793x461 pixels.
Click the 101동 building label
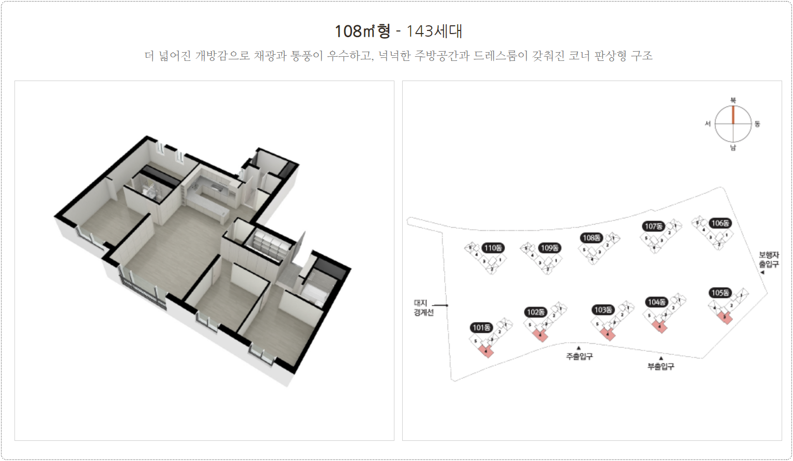click(482, 328)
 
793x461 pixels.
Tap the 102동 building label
click(536, 312)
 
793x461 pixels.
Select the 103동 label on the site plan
click(603, 310)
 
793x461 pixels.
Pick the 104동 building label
click(657, 302)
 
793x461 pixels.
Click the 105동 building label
click(720, 293)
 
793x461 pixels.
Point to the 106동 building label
click(720, 223)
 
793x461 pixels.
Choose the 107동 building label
click(653, 226)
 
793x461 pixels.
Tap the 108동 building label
click(591, 238)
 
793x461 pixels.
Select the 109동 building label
click(550, 248)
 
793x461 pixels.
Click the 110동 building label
click(493, 248)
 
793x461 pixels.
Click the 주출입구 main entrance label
click(579, 356)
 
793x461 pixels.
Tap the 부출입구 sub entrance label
click(661, 367)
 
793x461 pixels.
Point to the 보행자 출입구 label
click(769, 260)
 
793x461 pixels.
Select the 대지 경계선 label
click(423, 308)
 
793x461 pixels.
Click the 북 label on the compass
click(733, 100)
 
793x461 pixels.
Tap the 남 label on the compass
click(733, 148)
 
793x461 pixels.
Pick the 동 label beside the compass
click(757, 124)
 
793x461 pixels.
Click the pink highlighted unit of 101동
click(486, 351)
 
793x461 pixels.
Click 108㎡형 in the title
click(362, 31)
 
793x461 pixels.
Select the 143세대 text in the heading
click(434, 31)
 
